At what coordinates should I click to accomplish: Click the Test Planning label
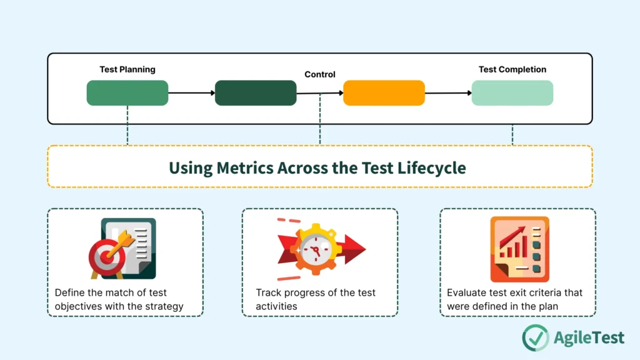[127, 69]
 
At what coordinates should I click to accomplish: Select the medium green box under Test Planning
[127, 92]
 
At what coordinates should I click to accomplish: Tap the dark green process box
[256, 92]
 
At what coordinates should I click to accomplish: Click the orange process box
[384, 92]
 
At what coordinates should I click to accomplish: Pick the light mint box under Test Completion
[512, 92]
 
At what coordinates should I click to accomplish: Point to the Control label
[320, 74]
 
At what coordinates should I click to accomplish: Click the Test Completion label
[512, 69]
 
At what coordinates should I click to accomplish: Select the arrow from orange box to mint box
[448, 93]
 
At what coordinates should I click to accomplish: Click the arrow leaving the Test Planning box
[191, 93]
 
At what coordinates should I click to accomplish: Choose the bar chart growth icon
[519, 249]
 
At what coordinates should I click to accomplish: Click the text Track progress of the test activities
[316, 299]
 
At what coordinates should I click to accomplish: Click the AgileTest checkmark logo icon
[535, 337]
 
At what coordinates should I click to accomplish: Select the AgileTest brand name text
[589, 338]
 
